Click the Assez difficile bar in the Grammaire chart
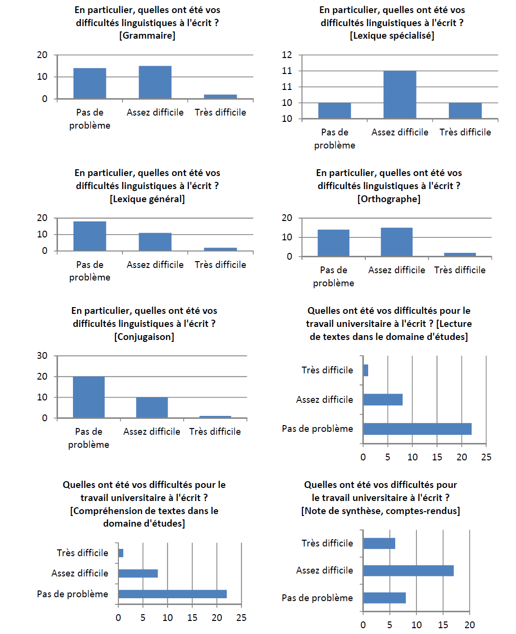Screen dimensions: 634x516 tap(155, 82)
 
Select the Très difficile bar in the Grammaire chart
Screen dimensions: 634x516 tap(220, 97)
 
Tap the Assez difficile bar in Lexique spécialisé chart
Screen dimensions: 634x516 tap(400, 94)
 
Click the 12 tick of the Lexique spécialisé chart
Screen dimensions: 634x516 tap(287, 55)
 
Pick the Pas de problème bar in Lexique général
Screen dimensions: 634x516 tap(90, 236)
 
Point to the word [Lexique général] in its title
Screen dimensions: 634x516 tap(147, 199)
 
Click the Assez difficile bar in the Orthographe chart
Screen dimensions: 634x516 tap(397, 242)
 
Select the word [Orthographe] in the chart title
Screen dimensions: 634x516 tap(389, 199)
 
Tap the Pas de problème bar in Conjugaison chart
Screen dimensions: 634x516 tap(89, 397)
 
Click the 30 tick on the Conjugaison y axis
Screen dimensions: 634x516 tap(43, 355)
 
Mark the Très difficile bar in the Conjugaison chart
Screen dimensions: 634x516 tap(215, 417)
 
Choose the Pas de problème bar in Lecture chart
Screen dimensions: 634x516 tap(417, 429)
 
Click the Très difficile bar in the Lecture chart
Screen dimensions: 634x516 tap(366, 370)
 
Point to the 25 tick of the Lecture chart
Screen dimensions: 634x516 tap(486, 457)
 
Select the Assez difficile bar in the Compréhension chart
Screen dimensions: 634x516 tap(138, 574)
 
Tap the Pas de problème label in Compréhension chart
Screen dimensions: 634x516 tap(72, 594)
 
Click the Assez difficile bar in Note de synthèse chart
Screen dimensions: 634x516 tap(408, 571)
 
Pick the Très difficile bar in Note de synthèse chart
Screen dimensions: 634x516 tap(379, 544)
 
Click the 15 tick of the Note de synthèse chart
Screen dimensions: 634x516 tap(443, 625)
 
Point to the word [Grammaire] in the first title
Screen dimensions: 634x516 tap(147, 35)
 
